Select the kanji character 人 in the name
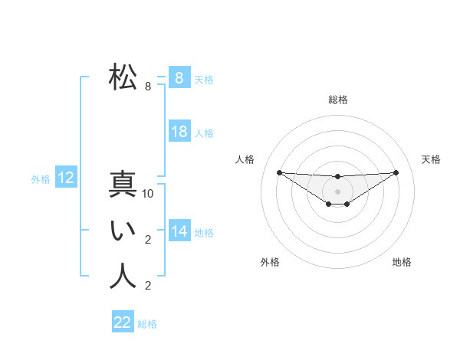coord(123,277)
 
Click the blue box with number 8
coord(179,77)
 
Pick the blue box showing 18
coord(179,132)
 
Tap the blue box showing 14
coord(179,231)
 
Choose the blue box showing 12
coord(66,178)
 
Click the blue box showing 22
coord(122,322)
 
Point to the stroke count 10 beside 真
coord(149,194)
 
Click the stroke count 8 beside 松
coord(148,87)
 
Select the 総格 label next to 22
coord(147,324)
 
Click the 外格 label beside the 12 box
coord(41,179)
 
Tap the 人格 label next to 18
coord(204,133)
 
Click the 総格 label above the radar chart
coord(338,100)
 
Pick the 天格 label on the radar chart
coord(431,159)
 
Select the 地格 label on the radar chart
coord(402,262)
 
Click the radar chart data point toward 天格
coord(396,172)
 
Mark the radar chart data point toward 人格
coord(279,172)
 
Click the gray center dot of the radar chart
coord(337,191)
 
